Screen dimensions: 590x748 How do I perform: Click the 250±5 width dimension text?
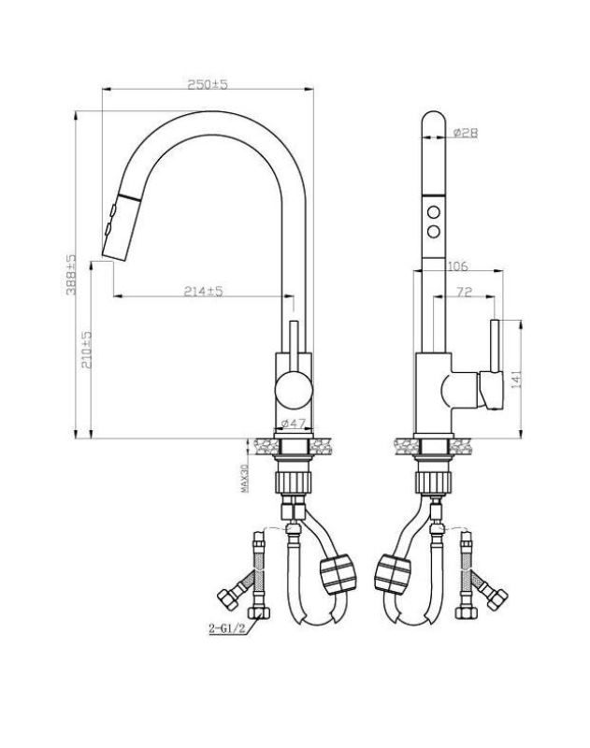(208, 84)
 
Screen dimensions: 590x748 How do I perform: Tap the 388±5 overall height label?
(70, 274)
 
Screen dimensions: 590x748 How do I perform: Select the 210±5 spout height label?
(86, 350)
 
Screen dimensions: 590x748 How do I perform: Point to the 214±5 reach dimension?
(203, 291)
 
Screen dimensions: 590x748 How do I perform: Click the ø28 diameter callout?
(465, 133)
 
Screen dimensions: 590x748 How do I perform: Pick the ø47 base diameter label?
(294, 423)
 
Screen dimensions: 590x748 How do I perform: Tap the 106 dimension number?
(457, 266)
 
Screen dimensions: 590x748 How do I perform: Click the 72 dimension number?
(464, 292)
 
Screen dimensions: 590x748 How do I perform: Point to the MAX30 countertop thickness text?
(245, 478)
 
